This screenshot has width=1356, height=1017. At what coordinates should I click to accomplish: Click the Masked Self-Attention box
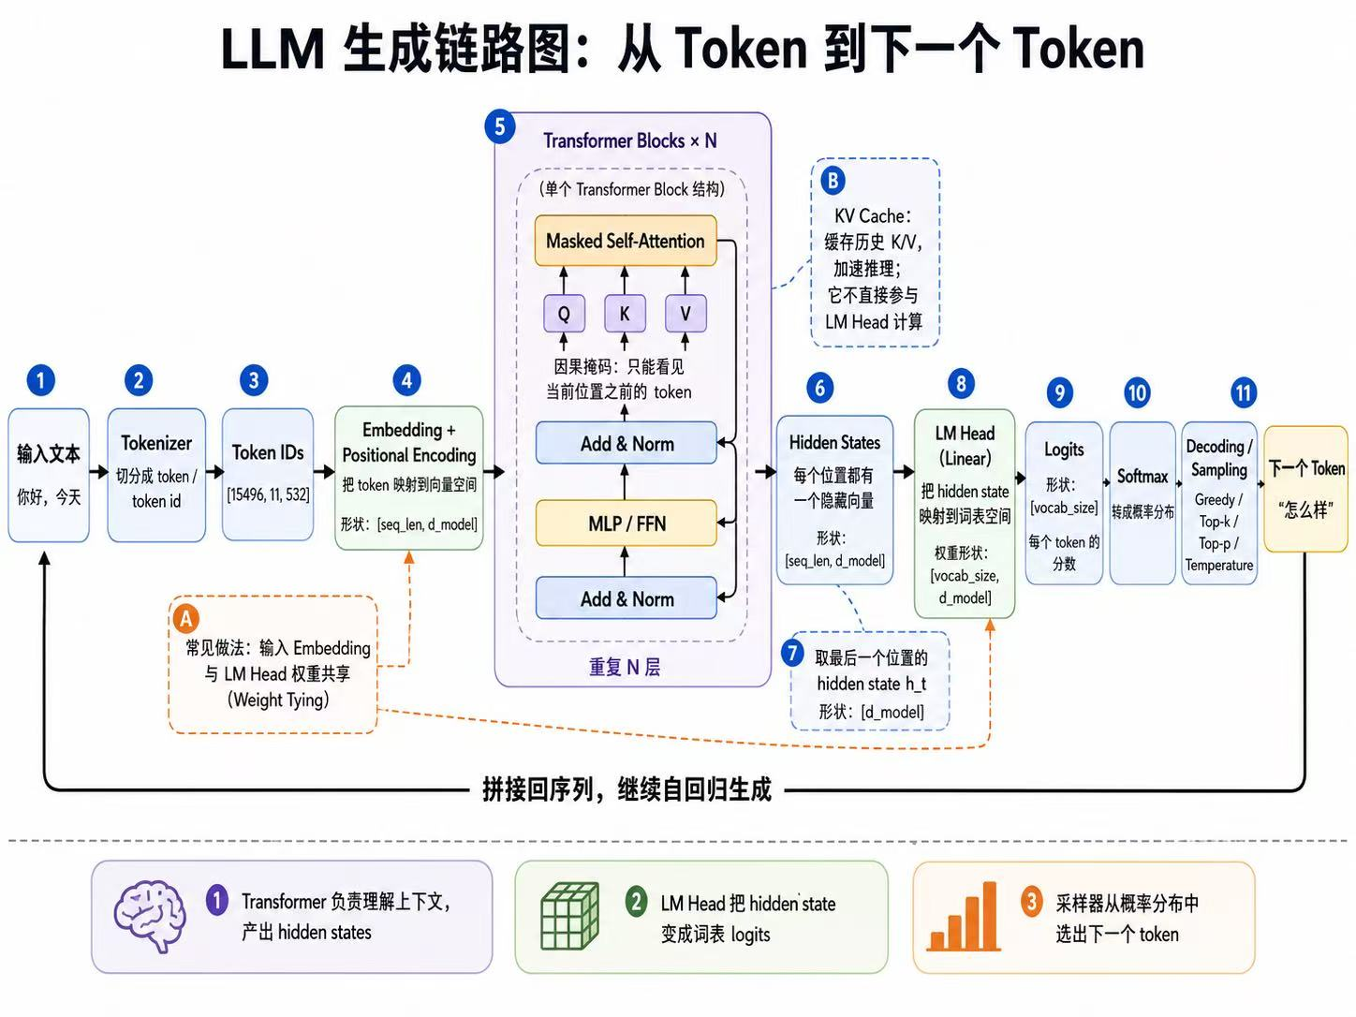(x=626, y=240)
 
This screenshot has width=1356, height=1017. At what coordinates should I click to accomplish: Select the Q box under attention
(x=564, y=313)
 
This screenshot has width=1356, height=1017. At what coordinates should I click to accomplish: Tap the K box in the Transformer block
(x=625, y=313)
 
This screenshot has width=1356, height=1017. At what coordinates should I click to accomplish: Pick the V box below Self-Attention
(x=685, y=313)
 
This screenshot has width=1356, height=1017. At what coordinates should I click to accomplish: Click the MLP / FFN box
(x=626, y=523)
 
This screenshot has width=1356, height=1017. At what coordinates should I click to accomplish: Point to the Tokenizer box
(x=156, y=474)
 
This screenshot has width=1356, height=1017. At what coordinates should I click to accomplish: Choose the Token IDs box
(x=268, y=474)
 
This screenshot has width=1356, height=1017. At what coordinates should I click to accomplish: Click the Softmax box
(x=1142, y=503)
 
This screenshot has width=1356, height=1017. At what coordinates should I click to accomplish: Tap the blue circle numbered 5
(x=500, y=126)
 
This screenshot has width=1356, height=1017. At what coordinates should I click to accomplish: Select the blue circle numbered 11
(x=1244, y=392)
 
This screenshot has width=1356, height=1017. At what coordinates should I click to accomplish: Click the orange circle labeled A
(x=186, y=618)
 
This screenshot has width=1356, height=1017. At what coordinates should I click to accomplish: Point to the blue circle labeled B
(x=833, y=181)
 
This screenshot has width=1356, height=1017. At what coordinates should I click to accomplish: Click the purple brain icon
(x=150, y=916)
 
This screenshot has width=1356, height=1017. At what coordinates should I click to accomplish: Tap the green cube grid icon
(x=569, y=916)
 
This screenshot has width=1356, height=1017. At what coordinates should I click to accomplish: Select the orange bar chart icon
(x=964, y=917)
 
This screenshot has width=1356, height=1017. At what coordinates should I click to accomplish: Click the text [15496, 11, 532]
(x=268, y=494)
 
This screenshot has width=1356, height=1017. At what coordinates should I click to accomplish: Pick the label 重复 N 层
(x=625, y=667)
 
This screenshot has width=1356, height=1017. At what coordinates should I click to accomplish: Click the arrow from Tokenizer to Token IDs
(x=214, y=472)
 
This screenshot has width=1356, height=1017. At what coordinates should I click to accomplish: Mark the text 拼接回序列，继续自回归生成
(x=627, y=789)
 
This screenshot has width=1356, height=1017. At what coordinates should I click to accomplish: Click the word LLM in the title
(x=273, y=49)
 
